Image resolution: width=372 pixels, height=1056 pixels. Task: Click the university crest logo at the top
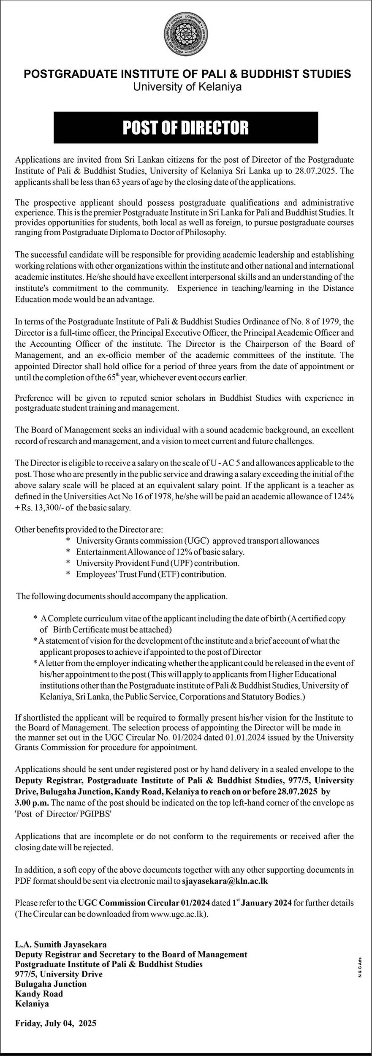186,33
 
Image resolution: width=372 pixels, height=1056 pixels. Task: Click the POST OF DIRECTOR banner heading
186,128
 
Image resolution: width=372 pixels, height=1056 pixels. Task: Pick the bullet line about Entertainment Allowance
160,552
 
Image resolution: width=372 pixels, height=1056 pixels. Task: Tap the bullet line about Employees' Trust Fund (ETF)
151,574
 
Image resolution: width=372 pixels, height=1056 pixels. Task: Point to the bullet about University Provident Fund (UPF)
157,563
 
